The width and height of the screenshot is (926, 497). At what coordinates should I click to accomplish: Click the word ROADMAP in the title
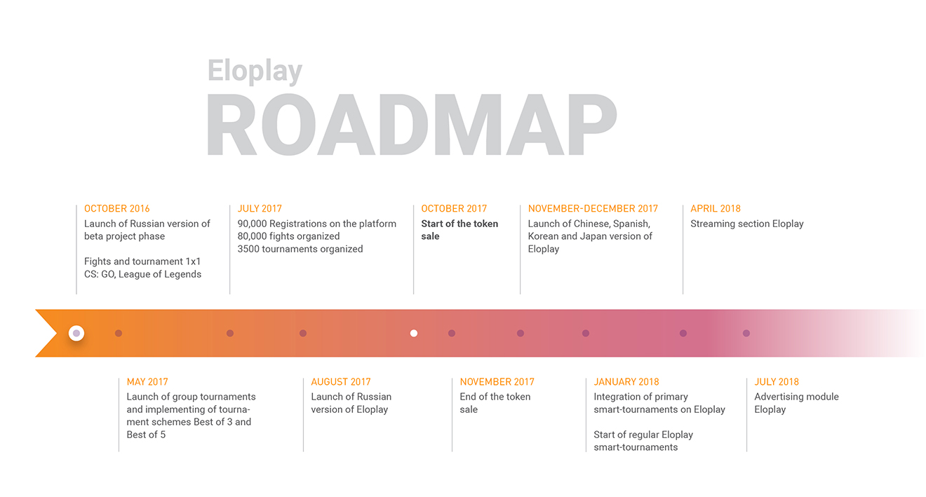point(411,125)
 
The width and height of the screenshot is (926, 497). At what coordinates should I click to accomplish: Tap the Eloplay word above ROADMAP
point(255,71)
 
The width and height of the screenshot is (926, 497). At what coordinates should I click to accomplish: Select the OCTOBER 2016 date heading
point(117,209)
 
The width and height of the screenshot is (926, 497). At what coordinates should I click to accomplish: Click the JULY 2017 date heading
point(260,209)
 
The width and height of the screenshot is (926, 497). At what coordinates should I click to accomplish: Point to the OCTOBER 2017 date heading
point(454,209)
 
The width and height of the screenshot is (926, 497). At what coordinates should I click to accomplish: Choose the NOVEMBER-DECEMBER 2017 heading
point(593,209)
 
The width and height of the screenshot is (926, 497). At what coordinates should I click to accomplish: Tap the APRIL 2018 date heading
point(716,209)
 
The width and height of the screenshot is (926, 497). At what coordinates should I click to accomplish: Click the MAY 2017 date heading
point(147,382)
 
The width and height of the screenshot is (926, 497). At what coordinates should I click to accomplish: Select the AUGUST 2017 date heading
point(341,382)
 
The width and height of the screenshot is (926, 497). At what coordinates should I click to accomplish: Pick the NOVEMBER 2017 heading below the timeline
point(497,382)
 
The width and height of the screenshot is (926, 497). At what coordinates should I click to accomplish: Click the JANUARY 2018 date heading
point(626,382)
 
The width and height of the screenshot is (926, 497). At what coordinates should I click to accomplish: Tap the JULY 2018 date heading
point(777,382)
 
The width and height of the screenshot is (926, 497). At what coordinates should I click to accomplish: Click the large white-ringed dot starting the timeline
point(76,334)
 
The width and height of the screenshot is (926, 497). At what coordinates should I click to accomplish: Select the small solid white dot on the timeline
point(414,334)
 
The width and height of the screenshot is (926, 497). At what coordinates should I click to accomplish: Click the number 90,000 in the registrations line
point(252,224)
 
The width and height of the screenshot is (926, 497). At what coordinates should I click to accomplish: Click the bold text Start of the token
point(459,224)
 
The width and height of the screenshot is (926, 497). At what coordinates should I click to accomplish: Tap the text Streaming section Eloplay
point(747,224)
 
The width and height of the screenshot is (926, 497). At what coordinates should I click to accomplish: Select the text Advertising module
point(797,397)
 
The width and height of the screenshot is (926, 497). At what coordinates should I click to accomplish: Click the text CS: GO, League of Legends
point(142,274)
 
